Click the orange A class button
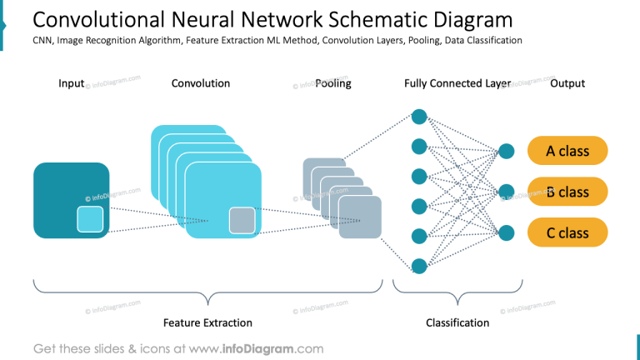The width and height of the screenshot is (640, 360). pos(567,151)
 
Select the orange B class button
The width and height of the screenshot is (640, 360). pos(567,192)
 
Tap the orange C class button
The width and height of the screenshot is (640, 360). pos(567,232)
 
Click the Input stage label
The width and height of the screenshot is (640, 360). pos(72,83)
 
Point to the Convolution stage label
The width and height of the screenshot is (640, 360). pos(201,83)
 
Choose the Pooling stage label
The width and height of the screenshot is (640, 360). pos(333,83)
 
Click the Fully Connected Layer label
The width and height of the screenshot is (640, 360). pos(457,83)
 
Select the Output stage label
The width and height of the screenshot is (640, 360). pos(567,83)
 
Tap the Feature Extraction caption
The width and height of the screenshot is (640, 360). pos(207,322)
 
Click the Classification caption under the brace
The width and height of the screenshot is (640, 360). pos(457,322)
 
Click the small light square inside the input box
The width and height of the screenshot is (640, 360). pos(90,219)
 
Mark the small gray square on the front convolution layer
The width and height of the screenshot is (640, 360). pos(242,220)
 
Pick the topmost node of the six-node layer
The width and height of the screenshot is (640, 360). pos(420,117)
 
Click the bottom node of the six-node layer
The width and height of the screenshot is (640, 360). pos(420,266)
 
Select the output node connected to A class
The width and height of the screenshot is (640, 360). pos(506,152)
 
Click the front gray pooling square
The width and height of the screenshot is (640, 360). pos(360,217)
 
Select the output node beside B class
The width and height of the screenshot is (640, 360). pos(506,192)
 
